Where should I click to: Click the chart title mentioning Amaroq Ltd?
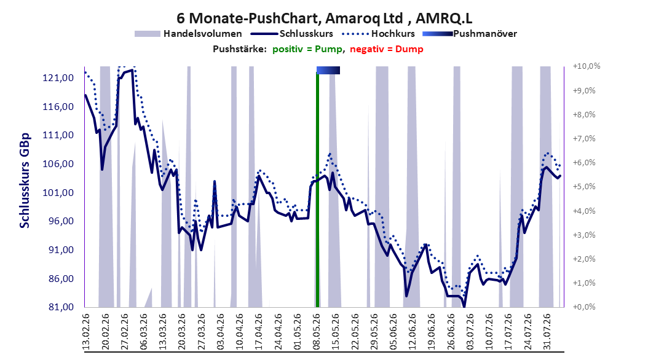pos(324,18)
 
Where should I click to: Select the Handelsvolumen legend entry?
pos(189,34)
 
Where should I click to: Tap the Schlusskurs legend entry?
pos(293,34)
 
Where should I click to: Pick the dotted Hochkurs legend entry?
pos(379,34)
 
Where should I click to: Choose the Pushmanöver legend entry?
pos(470,34)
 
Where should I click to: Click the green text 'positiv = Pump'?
pos(307,49)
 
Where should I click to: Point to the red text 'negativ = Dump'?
pos(387,49)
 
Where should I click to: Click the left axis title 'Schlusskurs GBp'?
pos(25,181)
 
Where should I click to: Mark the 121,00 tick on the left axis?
pos(58,78)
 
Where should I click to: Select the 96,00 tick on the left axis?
pos(58,221)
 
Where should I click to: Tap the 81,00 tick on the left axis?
pos(58,307)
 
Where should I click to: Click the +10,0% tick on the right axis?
pos(587,66)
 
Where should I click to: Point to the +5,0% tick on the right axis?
pos(584,187)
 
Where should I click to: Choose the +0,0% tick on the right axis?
pos(584,307)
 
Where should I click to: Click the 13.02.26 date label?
pos(86,332)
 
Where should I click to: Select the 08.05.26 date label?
pos(317,332)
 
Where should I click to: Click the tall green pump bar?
pos(317,190)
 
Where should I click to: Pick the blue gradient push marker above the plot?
pos(328,70)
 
